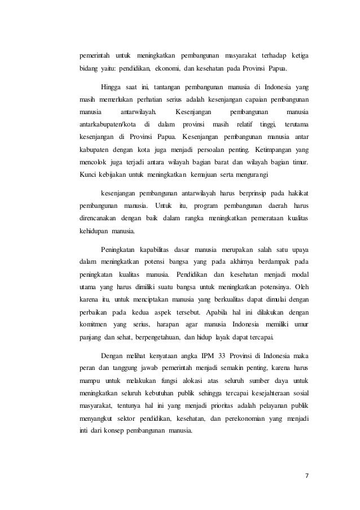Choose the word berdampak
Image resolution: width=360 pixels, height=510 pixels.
click(267, 261)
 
